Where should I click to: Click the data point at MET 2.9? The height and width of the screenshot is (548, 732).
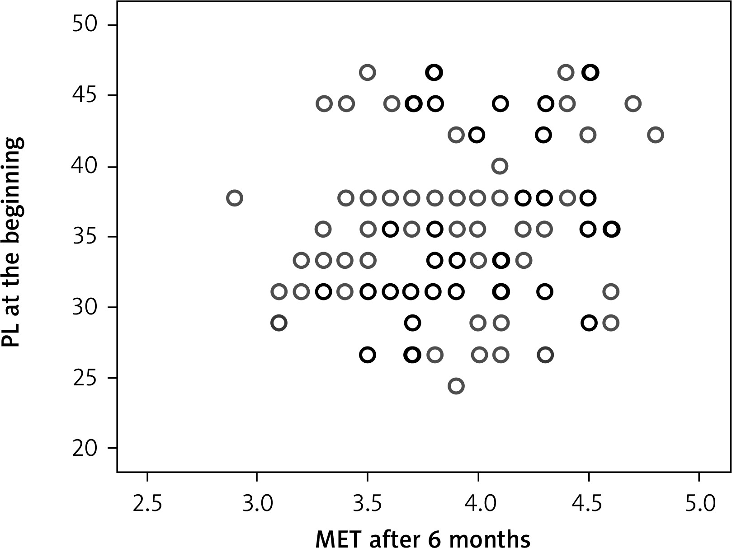pos(234,198)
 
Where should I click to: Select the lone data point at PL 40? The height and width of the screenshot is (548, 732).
pos(500,166)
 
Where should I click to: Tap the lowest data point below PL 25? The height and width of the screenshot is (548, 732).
pos(456,386)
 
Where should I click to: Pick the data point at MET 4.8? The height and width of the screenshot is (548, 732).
pos(655,135)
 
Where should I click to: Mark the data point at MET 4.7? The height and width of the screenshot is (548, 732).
pos(633,104)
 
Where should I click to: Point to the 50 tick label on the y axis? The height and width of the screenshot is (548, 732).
pos(85,24)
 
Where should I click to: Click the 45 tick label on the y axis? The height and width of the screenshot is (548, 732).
pos(85,95)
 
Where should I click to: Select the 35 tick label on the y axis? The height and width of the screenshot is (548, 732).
pos(85,236)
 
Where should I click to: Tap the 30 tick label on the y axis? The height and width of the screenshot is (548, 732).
pos(85,307)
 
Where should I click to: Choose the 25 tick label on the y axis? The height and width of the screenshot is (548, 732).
pos(85,378)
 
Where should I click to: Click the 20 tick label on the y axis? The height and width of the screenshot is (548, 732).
pos(85,448)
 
